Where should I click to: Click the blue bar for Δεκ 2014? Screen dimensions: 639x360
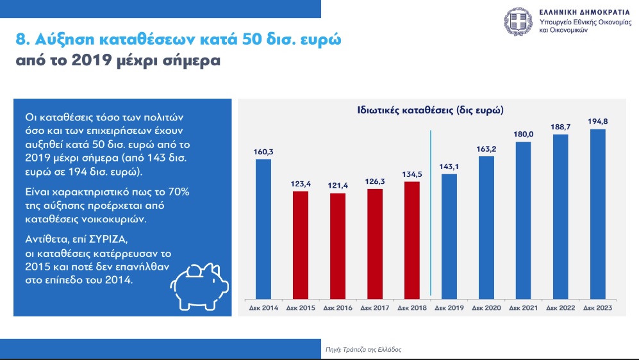coord(263,229)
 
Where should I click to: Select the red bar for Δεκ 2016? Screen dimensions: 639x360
coord(337,247)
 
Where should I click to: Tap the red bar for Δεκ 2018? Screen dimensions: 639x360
coord(412,241)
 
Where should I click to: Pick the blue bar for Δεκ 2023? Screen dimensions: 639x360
coord(598,214)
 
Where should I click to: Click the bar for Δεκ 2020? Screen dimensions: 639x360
coord(486,228)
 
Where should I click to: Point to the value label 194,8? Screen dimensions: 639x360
coord(598,121)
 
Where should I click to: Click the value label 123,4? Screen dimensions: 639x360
coord(301,184)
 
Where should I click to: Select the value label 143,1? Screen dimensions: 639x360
coord(449,167)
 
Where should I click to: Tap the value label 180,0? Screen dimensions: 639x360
coord(523,135)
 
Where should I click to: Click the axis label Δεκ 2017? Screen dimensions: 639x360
coord(375,308)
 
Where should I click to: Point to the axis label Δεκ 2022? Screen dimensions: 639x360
coord(560,308)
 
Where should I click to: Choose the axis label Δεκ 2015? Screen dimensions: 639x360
coord(301,308)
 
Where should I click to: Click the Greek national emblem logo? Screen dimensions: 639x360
coord(519,22)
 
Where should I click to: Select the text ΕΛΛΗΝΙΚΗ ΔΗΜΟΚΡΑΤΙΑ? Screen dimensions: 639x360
coord(585,12)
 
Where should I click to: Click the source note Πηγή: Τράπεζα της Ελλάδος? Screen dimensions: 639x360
coord(363,349)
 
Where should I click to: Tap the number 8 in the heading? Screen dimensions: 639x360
coord(21,40)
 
